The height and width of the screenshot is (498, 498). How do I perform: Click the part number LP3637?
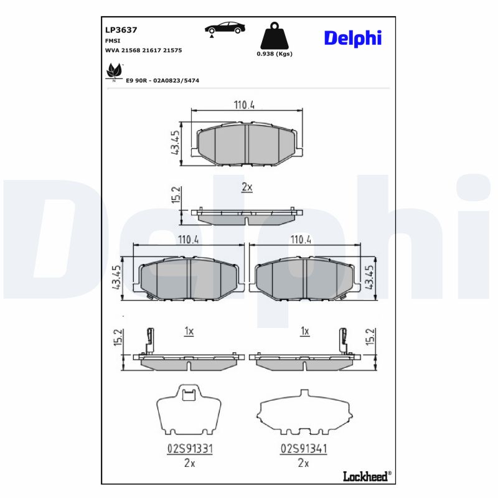tap(121, 29)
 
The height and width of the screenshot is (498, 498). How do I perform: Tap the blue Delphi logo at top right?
tap(352, 38)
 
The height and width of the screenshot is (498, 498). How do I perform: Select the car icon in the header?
tap(225, 27)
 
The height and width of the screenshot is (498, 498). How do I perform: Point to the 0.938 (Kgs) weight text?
tap(275, 54)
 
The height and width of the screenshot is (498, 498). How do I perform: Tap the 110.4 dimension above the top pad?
tap(245, 105)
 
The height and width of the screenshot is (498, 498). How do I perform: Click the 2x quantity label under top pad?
tap(247, 187)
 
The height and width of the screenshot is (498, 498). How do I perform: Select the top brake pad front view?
tap(247, 145)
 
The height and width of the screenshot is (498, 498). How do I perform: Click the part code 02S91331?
tap(190, 448)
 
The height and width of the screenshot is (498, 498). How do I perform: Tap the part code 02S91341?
tap(304, 448)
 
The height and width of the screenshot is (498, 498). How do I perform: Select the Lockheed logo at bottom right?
tap(367, 476)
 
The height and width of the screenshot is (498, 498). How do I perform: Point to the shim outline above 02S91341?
tap(303, 413)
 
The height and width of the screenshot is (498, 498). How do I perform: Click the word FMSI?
tap(113, 40)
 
